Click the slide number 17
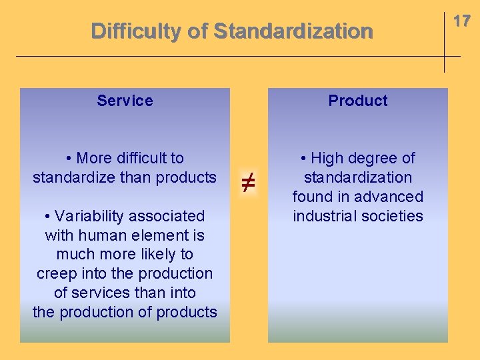(x=461, y=21)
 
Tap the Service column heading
(x=125, y=101)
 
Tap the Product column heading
(x=357, y=101)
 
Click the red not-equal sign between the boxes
(x=247, y=182)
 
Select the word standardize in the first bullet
(x=73, y=177)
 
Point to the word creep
(x=54, y=274)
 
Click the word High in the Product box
(x=326, y=158)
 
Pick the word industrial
(x=323, y=216)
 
